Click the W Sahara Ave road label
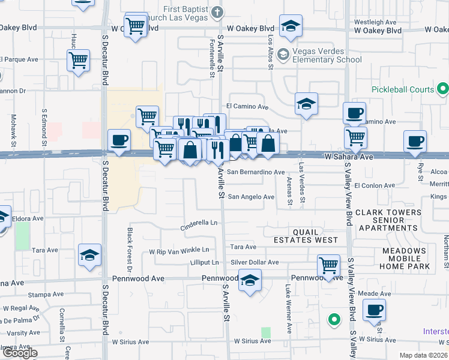pyautogui.click(x=349, y=156)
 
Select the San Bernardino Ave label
pyautogui.click(x=255, y=172)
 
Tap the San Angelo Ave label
pyautogui.click(x=250, y=197)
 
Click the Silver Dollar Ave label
pyautogui.click(x=255, y=262)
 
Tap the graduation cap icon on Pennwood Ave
pyautogui.click(x=250, y=280)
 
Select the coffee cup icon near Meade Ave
pyautogui.click(x=375, y=310)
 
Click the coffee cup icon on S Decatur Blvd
pyautogui.click(x=119, y=140)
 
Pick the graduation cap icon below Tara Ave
pyautogui.click(x=89, y=255)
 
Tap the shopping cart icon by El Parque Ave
pyautogui.click(x=79, y=60)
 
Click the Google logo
pyautogui.click(x=20, y=353)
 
